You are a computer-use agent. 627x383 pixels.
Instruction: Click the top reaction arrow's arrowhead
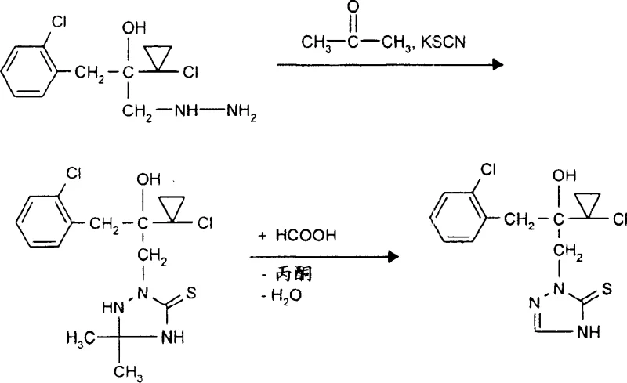(495, 66)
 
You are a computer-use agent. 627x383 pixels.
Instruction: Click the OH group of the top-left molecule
(135, 27)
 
